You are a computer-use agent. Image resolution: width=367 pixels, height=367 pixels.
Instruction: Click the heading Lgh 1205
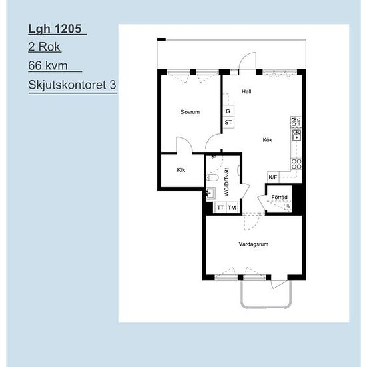pyautogui.click(x=55, y=29)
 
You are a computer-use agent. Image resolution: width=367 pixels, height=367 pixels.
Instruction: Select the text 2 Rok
pyautogui.click(x=45, y=47)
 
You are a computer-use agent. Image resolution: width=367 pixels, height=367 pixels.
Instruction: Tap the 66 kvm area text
pyautogui.click(x=48, y=65)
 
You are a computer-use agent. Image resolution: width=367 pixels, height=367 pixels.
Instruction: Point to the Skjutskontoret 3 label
pyautogui.click(x=72, y=85)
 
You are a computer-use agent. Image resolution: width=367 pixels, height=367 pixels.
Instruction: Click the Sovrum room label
pyautogui.click(x=190, y=112)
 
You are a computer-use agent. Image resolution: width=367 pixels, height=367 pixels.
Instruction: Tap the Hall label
pyautogui.click(x=246, y=91)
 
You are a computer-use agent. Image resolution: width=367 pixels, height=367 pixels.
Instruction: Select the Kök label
pyautogui.click(x=268, y=140)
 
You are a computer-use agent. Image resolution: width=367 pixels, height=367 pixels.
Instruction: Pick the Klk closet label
pyautogui.click(x=181, y=170)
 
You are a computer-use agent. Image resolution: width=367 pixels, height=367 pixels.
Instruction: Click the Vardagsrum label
pyautogui.click(x=254, y=244)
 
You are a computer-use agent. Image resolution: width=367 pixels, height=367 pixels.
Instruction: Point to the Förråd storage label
pyautogui.click(x=279, y=197)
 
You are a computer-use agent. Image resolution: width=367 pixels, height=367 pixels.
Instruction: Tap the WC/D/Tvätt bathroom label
pyautogui.click(x=226, y=182)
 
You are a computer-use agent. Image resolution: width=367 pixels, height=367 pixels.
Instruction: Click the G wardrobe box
pyautogui.click(x=228, y=111)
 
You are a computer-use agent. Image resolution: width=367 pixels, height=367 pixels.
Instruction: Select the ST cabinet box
pyautogui.click(x=228, y=122)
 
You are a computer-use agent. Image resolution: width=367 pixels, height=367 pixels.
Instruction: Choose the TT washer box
pyautogui.click(x=220, y=208)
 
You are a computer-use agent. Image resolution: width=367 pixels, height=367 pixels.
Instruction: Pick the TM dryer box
pyautogui.click(x=232, y=208)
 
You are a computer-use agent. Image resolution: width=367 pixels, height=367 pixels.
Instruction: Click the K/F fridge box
pyautogui.click(x=273, y=177)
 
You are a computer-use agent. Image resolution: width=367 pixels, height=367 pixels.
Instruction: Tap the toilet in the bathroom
pyautogui.click(x=212, y=178)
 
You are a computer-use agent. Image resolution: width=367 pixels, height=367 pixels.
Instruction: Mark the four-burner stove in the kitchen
pyautogui.click(x=296, y=164)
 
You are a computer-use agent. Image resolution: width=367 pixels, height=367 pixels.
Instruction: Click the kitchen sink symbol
pyautogui.click(x=296, y=135)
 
